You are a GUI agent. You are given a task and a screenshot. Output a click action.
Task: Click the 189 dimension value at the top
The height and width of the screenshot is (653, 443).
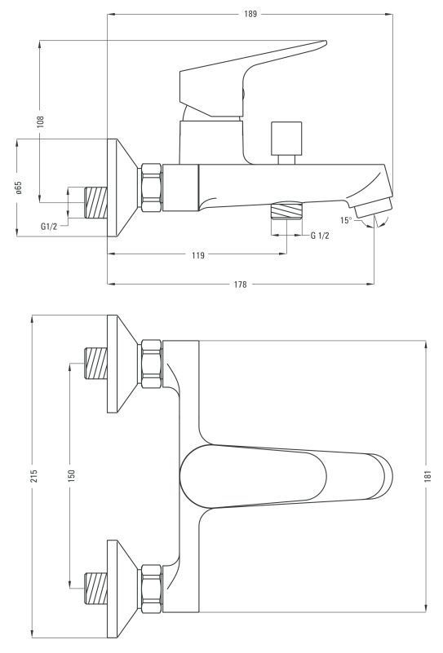(x=250, y=14)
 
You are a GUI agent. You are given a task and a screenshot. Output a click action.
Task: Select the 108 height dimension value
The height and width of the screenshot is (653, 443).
(x=40, y=121)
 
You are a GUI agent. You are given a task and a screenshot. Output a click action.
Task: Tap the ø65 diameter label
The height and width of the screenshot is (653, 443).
(x=18, y=188)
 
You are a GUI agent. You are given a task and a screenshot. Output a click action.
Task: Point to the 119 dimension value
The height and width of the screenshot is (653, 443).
(x=198, y=255)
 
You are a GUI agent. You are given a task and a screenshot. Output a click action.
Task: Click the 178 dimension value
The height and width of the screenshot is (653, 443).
(x=240, y=285)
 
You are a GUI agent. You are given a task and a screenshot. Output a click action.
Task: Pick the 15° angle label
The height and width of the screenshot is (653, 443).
(x=346, y=220)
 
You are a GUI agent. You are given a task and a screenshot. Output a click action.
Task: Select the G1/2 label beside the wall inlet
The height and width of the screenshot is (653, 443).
(x=49, y=227)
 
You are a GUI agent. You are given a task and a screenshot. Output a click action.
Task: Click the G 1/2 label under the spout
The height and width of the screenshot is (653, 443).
(x=320, y=236)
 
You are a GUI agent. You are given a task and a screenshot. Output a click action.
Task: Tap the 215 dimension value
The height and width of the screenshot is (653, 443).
(x=33, y=476)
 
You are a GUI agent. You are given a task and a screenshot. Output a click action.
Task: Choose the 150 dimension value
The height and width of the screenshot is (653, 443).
(x=71, y=476)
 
